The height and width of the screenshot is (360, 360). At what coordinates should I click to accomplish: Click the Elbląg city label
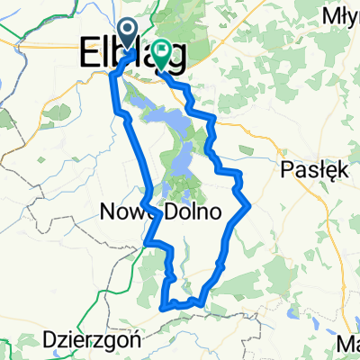pyautogui.click(x=135, y=52)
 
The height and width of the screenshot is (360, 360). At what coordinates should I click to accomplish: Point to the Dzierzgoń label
pyautogui.click(x=88, y=340)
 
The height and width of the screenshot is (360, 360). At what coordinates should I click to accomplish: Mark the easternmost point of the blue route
pyautogui.click(x=249, y=206)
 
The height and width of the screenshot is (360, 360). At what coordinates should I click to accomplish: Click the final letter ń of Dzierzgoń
pyautogui.click(x=126, y=340)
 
